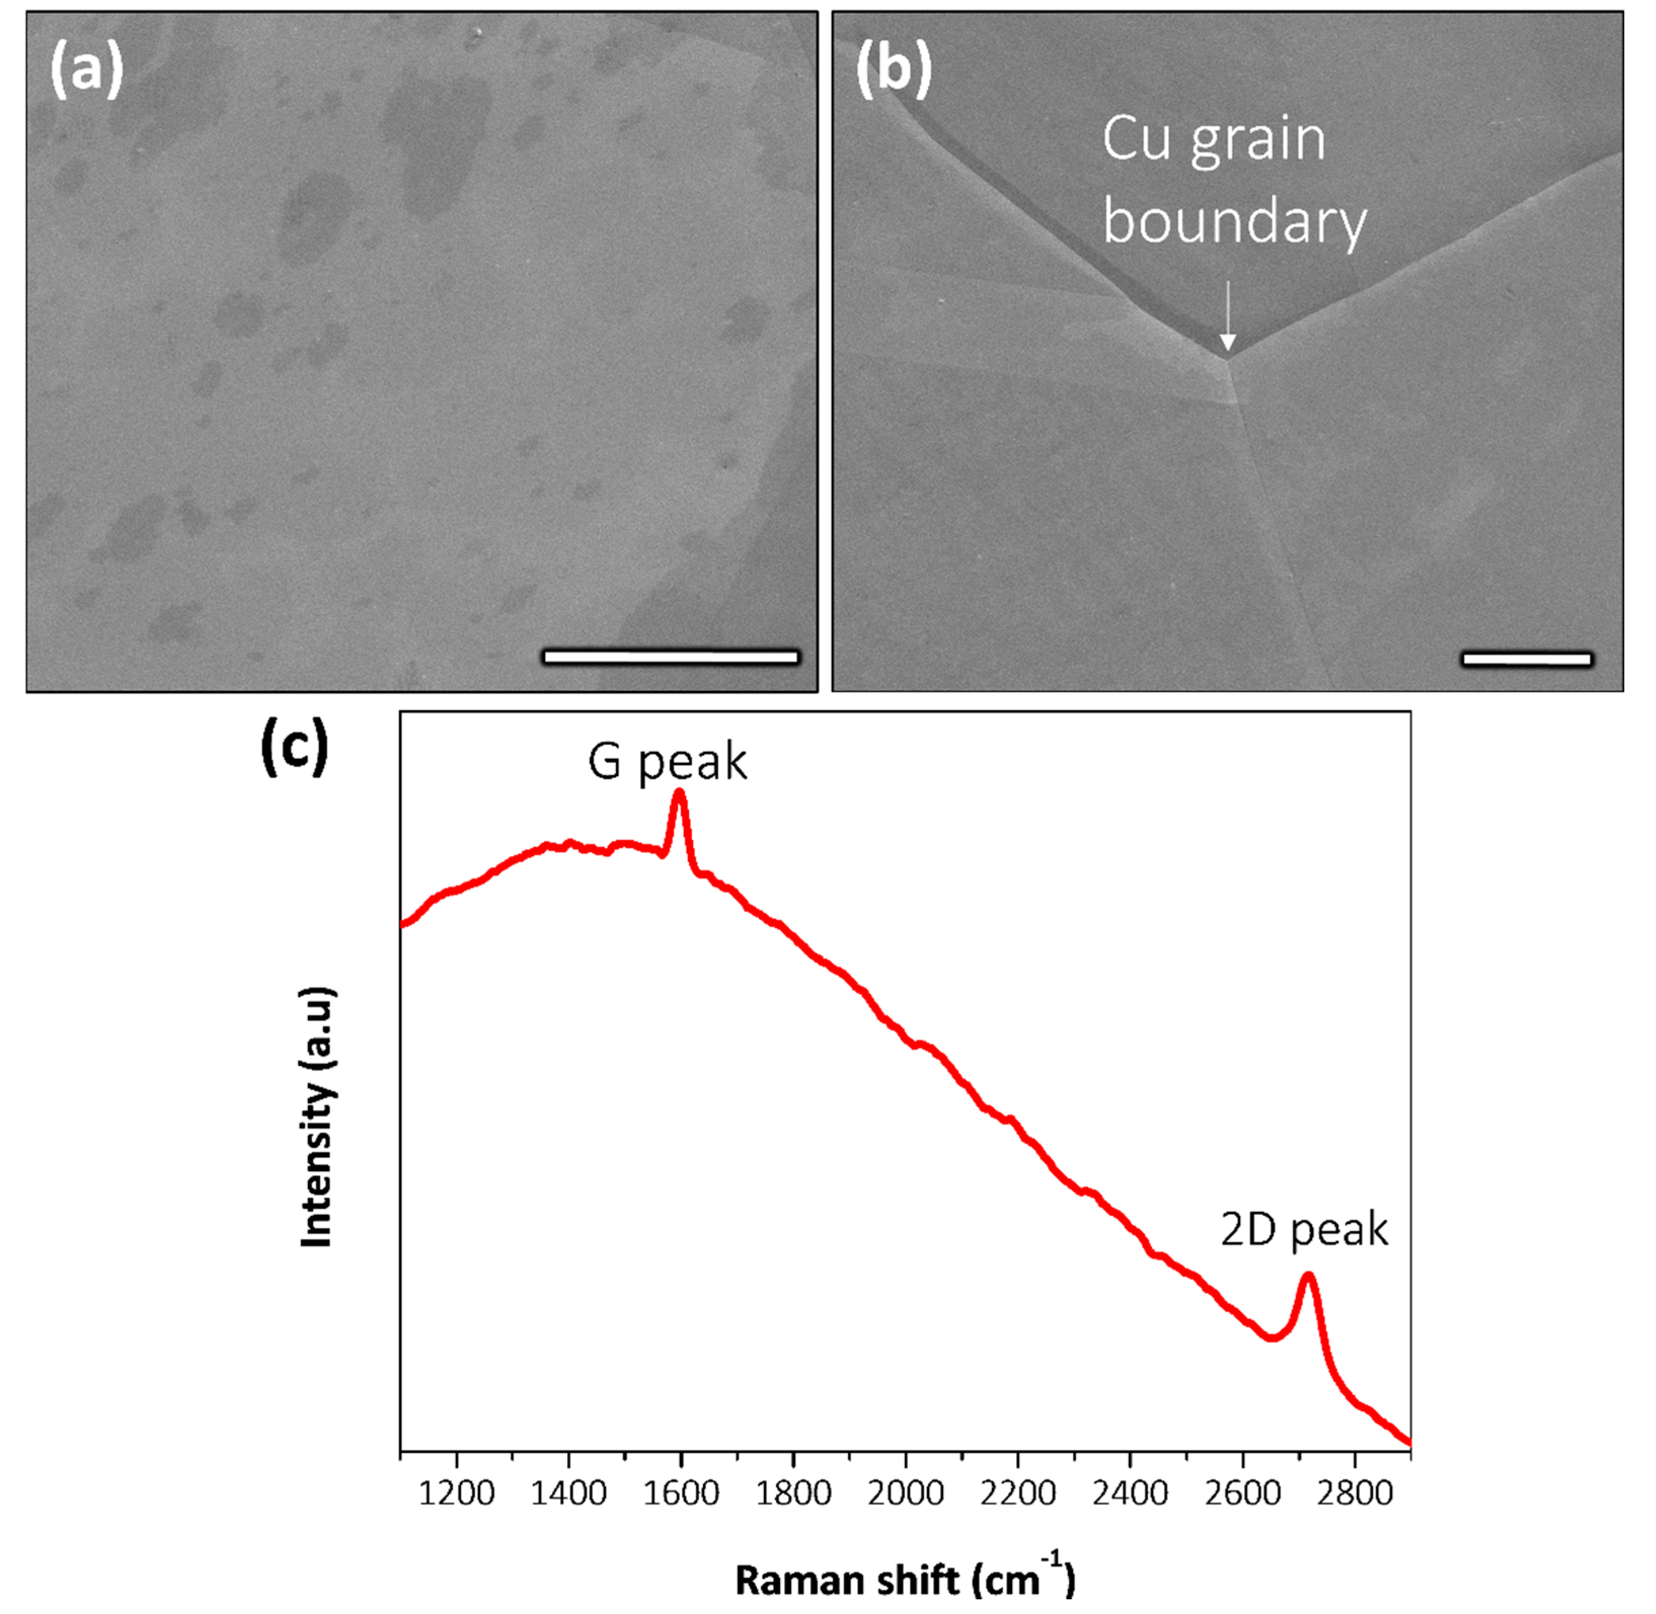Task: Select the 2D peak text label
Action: (1304, 1229)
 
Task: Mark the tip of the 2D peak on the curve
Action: (1310, 1277)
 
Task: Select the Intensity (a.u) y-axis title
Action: (317, 1117)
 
